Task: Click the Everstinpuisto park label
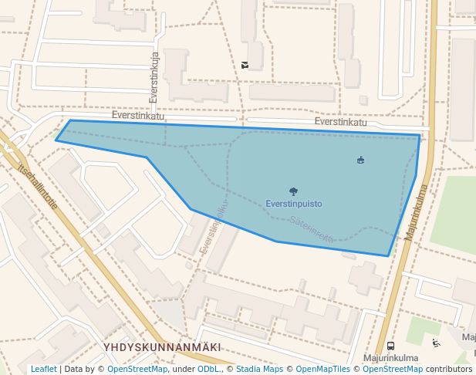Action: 293,204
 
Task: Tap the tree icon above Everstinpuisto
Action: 293,191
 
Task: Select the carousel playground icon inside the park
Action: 360,160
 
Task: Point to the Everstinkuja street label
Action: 154,77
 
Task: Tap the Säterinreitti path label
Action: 312,229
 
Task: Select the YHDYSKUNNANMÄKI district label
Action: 162,348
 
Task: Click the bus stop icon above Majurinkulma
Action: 390,346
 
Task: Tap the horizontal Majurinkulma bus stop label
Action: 390,358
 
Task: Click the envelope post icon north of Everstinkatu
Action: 245,65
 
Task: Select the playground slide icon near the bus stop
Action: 436,343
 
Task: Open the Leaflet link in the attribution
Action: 43,369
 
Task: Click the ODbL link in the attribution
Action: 208,369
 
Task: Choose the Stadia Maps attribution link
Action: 259,369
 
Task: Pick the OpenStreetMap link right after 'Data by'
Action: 137,369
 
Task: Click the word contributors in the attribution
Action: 449,369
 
